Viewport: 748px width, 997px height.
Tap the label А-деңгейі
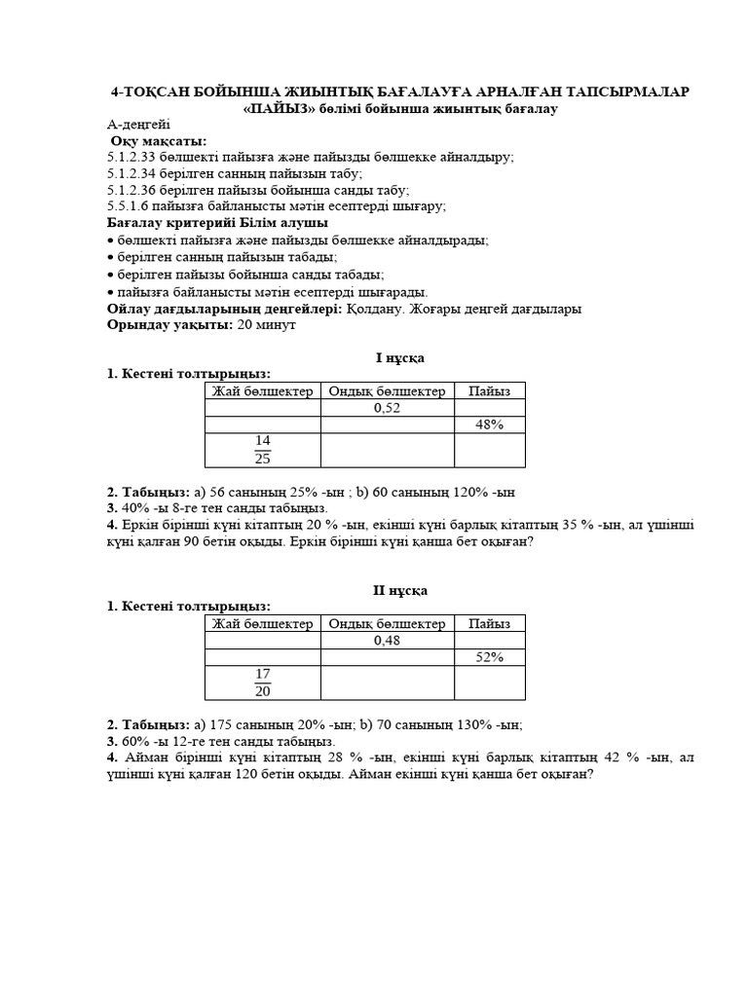pos(138,125)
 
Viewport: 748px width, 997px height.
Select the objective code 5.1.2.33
pos(131,156)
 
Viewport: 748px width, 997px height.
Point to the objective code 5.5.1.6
pos(128,206)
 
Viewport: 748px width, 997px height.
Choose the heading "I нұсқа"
pos(399,357)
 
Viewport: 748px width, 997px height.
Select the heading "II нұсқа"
pos(399,590)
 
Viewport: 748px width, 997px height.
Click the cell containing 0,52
pos(387,408)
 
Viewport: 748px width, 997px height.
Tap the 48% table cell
pos(489,425)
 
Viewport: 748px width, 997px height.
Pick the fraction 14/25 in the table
pos(262,450)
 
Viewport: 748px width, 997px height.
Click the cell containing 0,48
pos(387,641)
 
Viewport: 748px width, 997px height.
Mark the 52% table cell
pos(489,658)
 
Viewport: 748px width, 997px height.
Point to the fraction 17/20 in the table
pos(262,682)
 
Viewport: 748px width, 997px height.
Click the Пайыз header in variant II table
pos(489,623)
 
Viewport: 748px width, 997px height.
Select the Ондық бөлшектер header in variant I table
pos(387,390)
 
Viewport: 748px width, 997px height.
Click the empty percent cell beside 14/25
pos(489,450)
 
